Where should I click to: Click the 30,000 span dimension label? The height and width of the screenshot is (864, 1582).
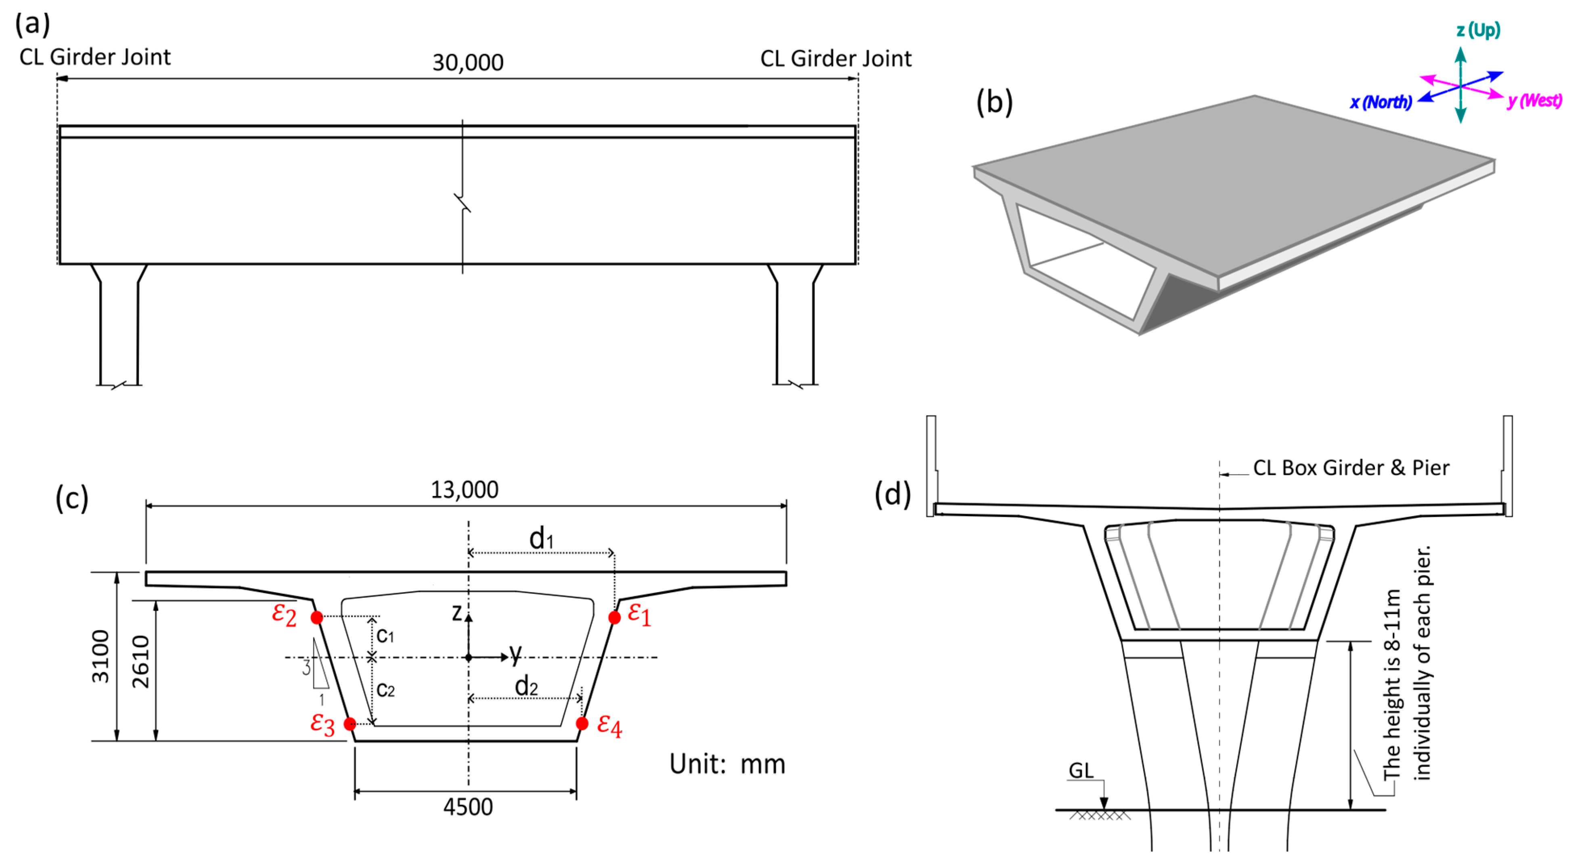tap(467, 62)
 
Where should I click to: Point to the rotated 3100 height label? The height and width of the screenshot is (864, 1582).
tap(100, 656)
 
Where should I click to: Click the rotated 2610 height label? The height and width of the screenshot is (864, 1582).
tap(140, 661)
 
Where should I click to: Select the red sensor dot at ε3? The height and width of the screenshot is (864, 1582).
tap(350, 724)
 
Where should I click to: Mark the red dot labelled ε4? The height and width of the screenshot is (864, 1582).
tap(582, 723)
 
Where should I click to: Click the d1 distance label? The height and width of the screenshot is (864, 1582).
tap(541, 539)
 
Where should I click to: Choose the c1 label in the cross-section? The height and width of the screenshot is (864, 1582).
tap(385, 635)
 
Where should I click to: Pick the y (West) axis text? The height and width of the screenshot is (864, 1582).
tap(1534, 100)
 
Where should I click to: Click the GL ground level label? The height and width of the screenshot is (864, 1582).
tap(1081, 770)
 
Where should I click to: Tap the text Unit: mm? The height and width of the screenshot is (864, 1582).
tap(727, 764)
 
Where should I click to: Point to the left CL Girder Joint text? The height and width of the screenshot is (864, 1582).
tap(95, 57)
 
